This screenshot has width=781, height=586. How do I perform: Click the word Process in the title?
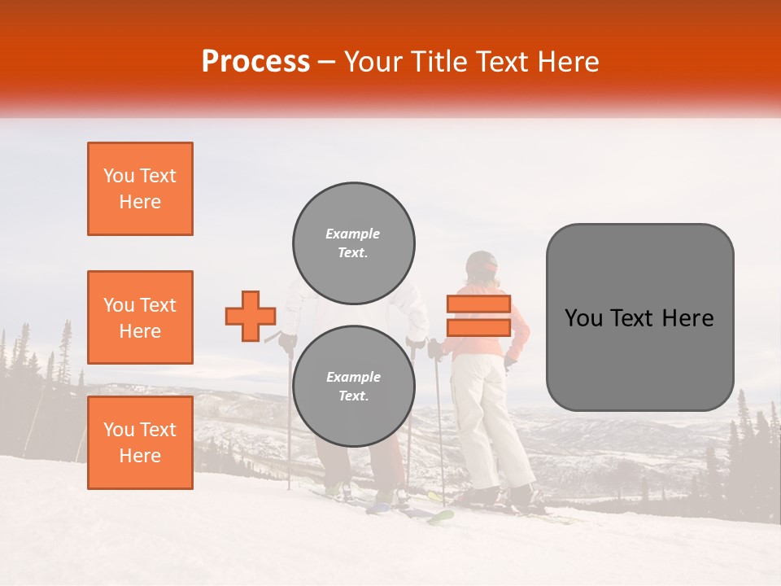255,62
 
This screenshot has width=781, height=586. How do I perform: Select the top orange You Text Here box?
140,189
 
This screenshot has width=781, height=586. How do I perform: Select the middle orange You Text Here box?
140,317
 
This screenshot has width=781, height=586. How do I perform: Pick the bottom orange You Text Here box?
140,443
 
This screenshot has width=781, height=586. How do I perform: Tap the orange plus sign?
251,316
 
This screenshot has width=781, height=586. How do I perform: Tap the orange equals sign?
478,316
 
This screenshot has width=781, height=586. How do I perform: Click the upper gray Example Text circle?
354,243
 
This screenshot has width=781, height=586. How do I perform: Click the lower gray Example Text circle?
354,387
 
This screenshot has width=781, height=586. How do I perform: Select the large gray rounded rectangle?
639,317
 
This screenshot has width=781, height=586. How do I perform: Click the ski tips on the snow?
439,516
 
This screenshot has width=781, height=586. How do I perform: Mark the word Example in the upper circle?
352,234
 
